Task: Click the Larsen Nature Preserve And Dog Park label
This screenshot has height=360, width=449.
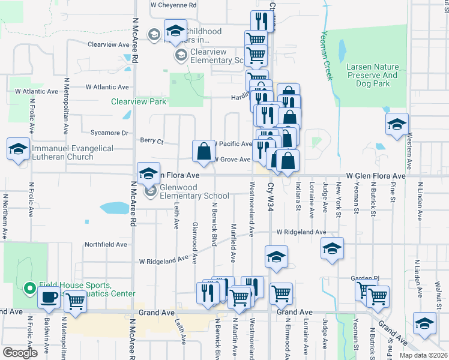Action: [x=372, y=75]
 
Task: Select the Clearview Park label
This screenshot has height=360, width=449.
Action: [x=139, y=101]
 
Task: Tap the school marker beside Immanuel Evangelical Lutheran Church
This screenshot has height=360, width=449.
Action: [x=18, y=149]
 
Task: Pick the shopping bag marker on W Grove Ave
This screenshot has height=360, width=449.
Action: [x=203, y=151]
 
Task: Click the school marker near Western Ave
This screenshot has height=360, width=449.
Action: [x=397, y=125]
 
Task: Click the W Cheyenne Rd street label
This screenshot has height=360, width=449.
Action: [x=173, y=5]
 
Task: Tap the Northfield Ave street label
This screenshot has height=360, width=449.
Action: [x=106, y=244]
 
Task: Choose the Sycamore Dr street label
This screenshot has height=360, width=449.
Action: [x=109, y=133]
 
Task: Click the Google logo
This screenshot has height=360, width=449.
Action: [x=20, y=352]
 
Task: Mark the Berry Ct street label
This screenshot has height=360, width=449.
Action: [x=151, y=142]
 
